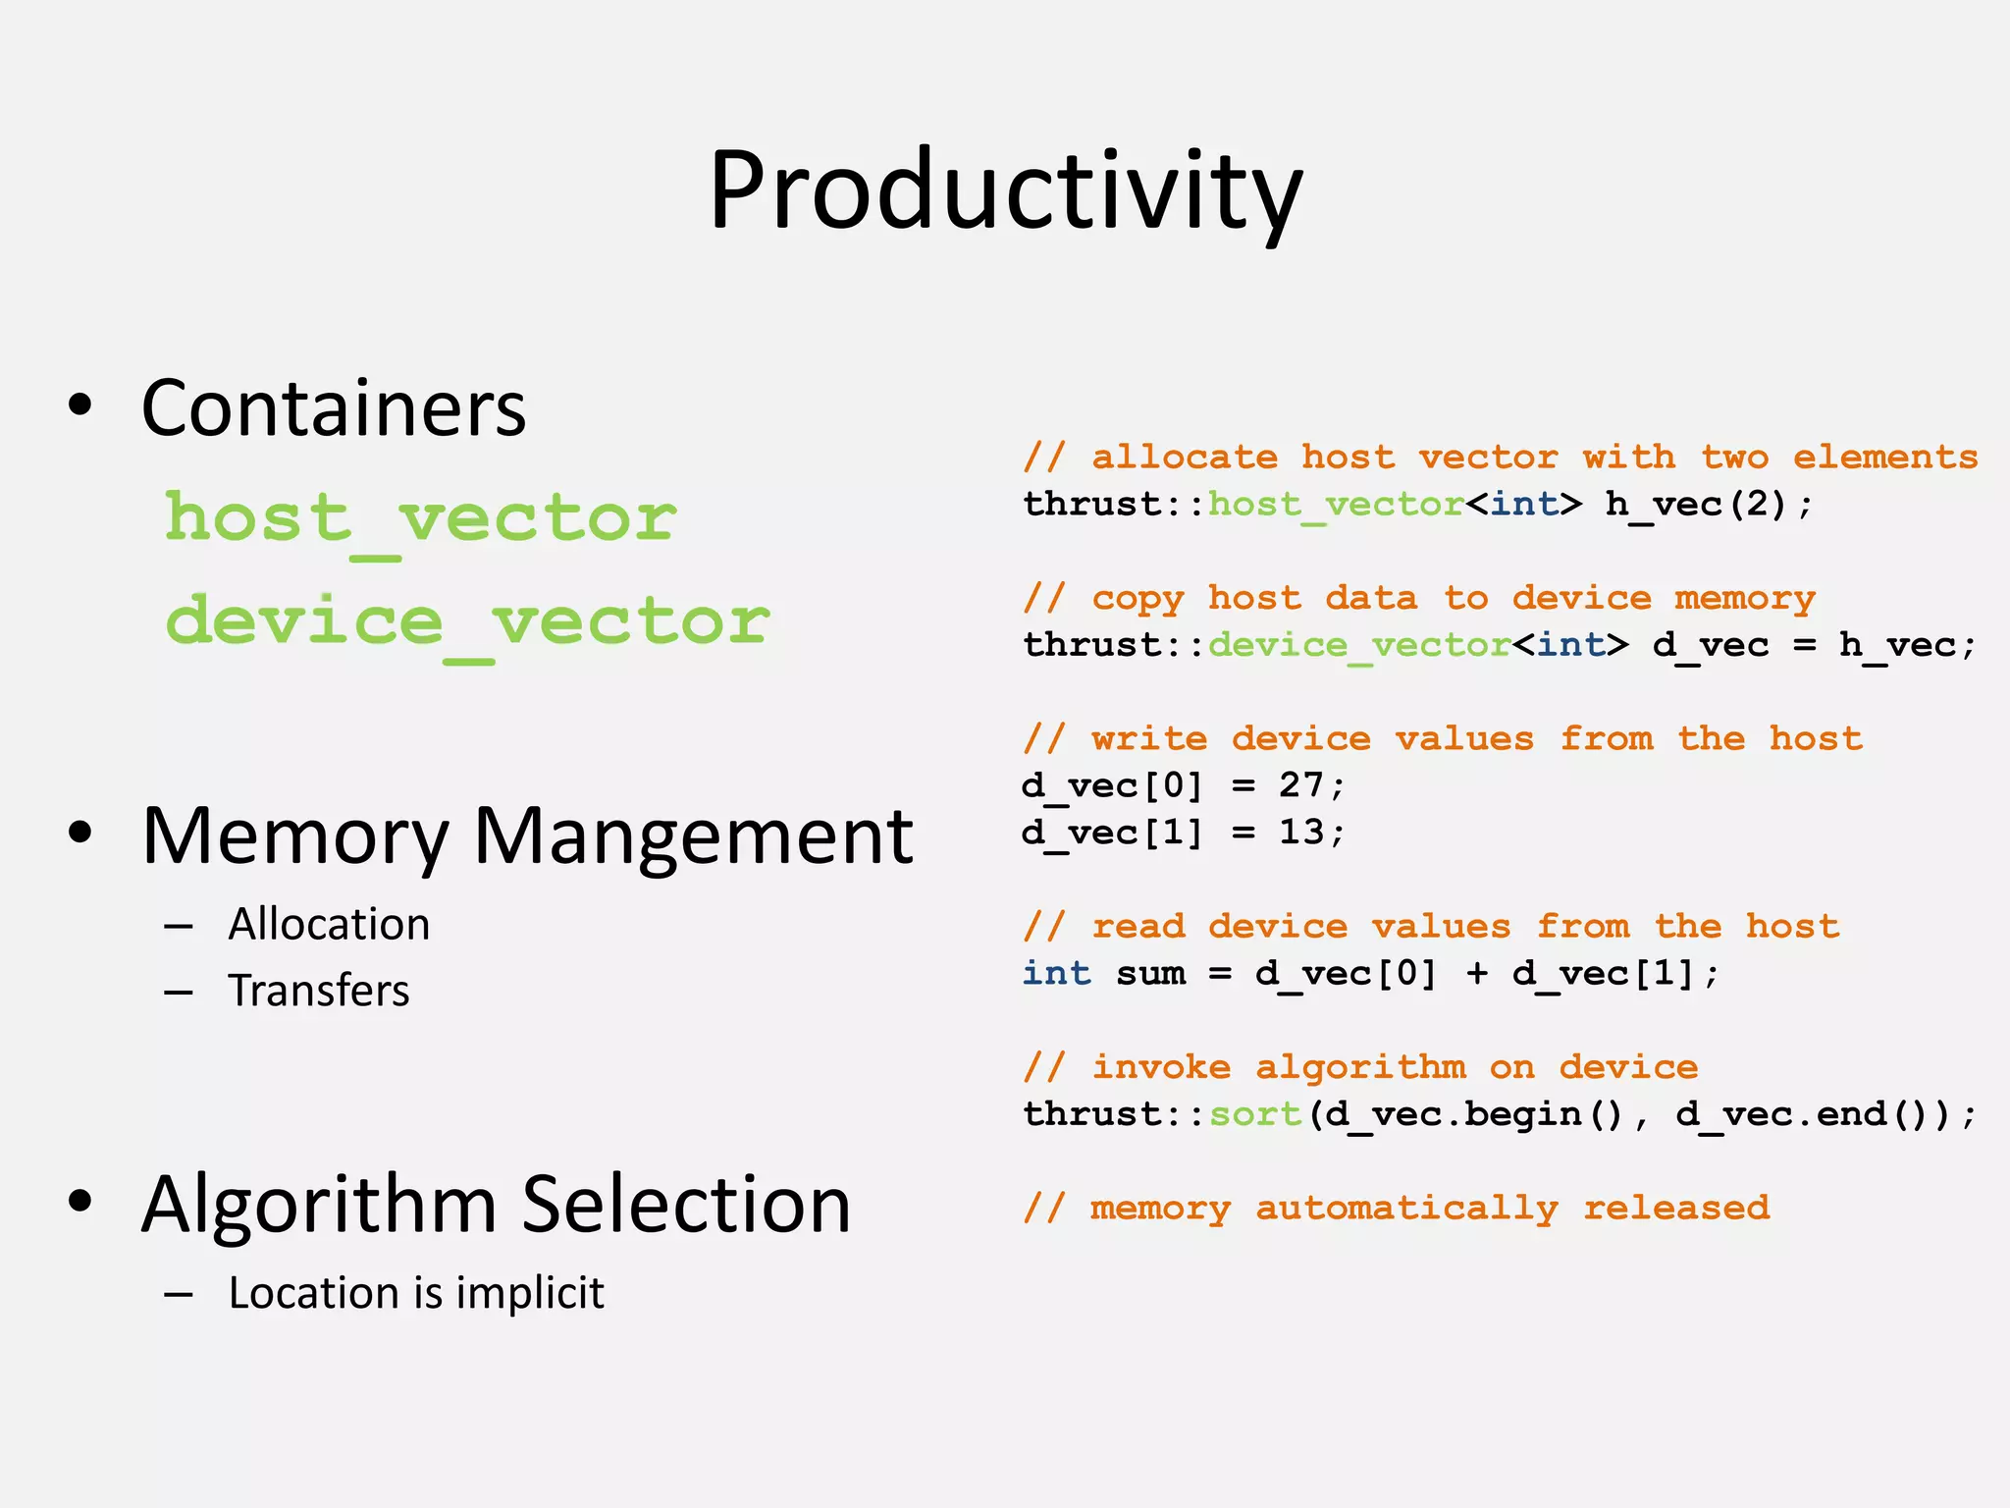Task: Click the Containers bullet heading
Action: pos(334,408)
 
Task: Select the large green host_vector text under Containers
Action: pos(420,517)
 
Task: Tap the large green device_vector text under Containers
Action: pos(467,621)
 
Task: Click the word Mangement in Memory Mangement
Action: pos(693,836)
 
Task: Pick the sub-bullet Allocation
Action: pos(329,925)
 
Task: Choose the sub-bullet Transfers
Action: pos(319,991)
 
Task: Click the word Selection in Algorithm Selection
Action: pos(686,1205)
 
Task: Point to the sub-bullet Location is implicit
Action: pos(416,1293)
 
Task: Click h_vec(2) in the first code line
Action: pos(1708,505)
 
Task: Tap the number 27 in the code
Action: pos(1301,785)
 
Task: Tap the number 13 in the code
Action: pos(1301,833)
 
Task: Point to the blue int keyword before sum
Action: pos(1056,974)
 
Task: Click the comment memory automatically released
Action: pos(1396,1208)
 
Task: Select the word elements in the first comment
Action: pos(1884,458)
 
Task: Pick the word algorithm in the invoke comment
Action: pos(1360,1067)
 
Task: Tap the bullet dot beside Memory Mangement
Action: pos(80,833)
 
